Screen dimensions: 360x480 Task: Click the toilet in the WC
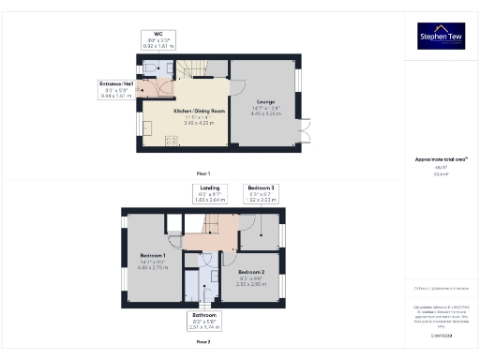(x=152, y=69)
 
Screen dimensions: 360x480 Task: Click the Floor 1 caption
(x=203, y=173)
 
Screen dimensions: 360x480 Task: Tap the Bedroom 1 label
(x=152, y=260)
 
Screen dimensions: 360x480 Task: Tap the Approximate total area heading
(x=441, y=160)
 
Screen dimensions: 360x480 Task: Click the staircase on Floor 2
(x=208, y=225)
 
